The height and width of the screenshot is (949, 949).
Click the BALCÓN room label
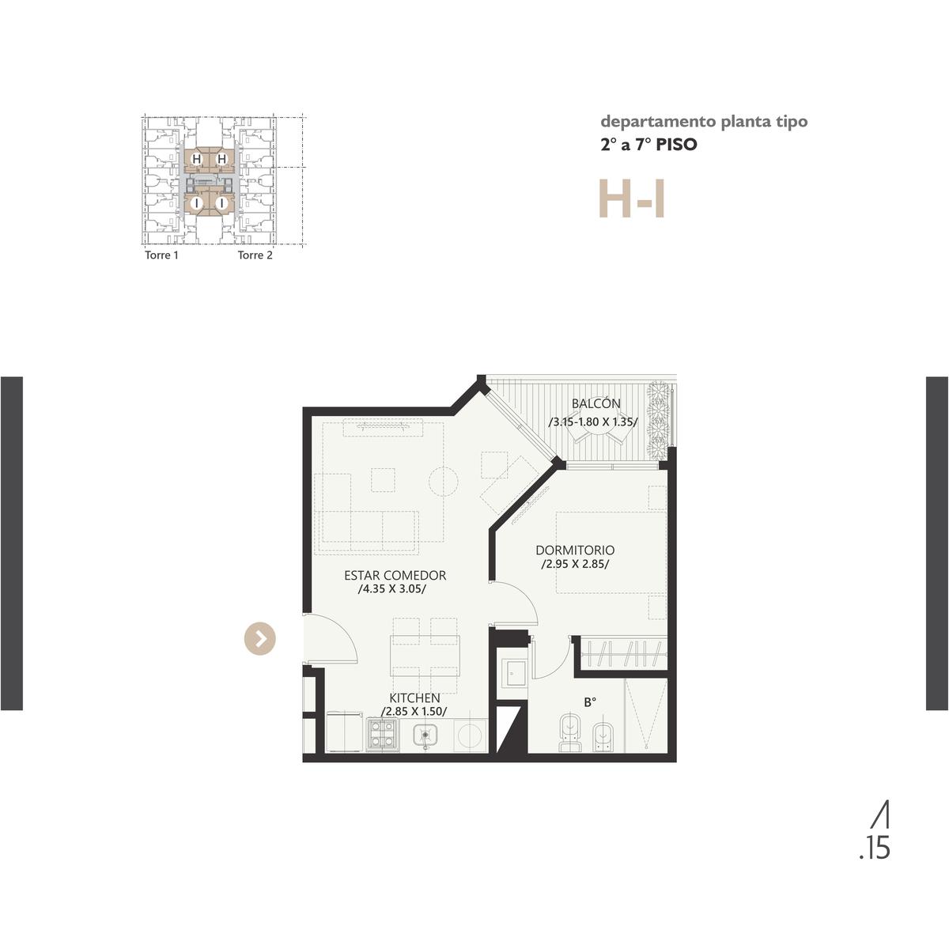point(596,403)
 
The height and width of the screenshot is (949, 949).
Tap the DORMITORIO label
point(575,550)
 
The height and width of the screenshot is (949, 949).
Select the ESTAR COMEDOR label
point(395,575)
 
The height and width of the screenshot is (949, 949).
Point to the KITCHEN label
point(414,698)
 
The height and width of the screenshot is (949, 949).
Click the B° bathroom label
point(590,703)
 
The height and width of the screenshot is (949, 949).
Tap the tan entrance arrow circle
point(260,639)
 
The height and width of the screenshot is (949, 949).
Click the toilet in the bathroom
point(571,732)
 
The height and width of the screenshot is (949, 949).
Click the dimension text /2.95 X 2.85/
point(575,565)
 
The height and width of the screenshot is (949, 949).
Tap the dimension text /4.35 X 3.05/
point(392,589)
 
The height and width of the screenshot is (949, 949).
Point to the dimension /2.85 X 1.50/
point(414,712)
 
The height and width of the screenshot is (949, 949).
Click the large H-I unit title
point(632,198)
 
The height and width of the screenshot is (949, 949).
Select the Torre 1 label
point(161,255)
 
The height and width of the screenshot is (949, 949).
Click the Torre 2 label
point(255,255)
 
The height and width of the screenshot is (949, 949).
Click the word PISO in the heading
point(676,145)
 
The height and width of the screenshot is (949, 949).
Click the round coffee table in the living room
point(443,481)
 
